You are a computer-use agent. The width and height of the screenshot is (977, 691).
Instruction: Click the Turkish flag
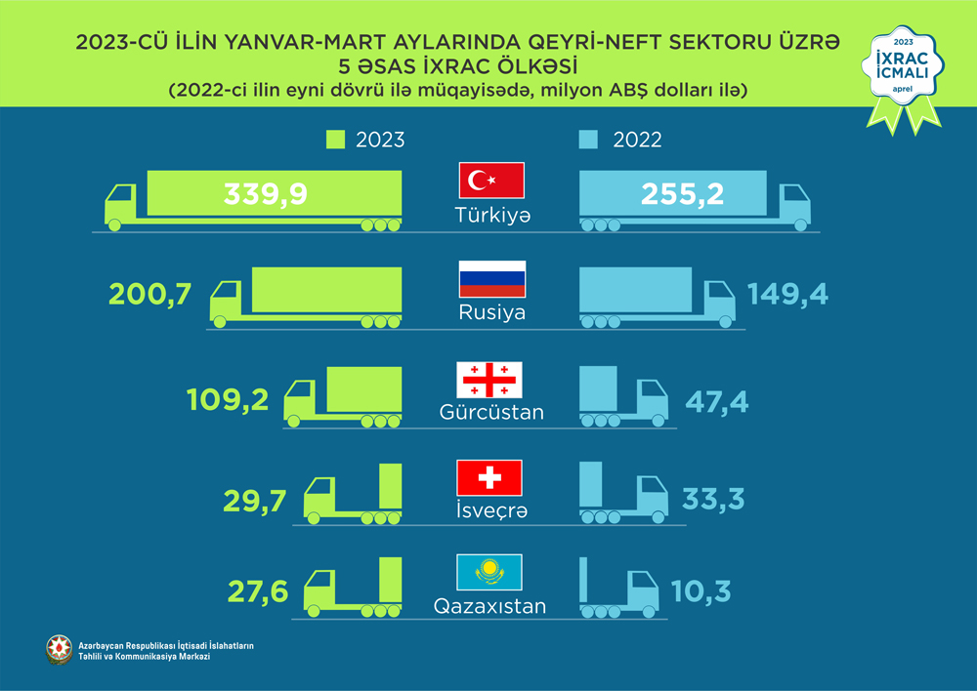492,182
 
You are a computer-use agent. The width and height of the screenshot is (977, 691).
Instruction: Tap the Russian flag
492,279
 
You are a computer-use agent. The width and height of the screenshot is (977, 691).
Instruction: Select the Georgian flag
490,380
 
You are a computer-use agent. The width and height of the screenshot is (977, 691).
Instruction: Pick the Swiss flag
490,478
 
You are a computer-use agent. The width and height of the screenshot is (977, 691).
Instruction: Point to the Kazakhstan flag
490,572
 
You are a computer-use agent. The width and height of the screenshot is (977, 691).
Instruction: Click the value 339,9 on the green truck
266,194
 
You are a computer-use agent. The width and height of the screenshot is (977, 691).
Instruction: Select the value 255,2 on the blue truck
682,194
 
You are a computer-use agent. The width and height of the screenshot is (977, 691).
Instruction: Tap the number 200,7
151,293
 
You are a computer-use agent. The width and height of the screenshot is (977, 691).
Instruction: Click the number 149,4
787,293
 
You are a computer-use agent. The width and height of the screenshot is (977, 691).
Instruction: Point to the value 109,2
227,400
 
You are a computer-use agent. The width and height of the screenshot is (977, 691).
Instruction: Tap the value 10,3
701,591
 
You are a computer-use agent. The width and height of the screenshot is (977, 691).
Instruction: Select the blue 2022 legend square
587,140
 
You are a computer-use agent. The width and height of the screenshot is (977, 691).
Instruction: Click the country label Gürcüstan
491,413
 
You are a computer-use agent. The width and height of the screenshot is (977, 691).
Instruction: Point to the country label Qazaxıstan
490,606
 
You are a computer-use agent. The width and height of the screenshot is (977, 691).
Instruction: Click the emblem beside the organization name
60,651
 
